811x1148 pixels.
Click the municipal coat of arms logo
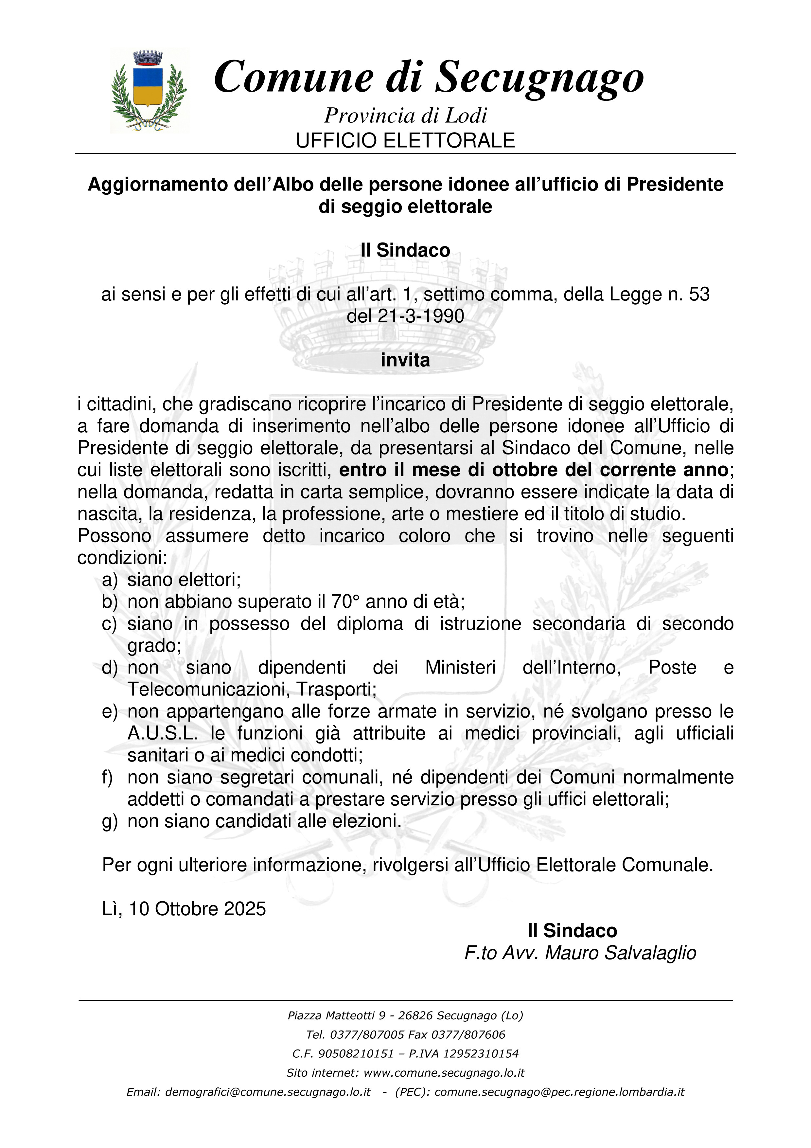pyautogui.click(x=150, y=91)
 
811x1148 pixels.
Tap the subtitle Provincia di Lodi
pyautogui.click(x=405, y=116)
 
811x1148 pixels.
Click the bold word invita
pyautogui.click(x=405, y=360)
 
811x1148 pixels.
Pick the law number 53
pyautogui.click(x=698, y=295)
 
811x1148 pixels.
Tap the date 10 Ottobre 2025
pyautogui.click(x=197, y=908)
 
